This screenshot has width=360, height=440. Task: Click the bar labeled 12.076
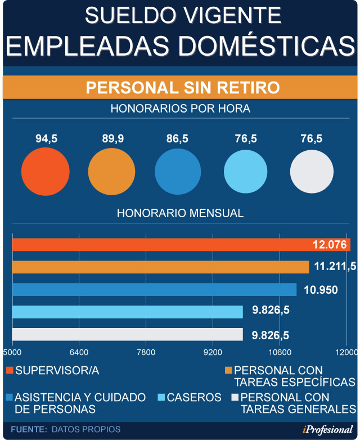click(181, 245)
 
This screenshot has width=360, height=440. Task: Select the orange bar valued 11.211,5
click(160, 267)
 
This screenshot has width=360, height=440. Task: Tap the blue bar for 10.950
click(154, 289)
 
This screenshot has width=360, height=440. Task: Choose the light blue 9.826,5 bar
click(127, 312)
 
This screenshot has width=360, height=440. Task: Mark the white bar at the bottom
click(127, 335)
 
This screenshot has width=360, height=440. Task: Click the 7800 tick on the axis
click(146, 353)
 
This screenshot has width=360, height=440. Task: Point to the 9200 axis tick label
click(213, 353)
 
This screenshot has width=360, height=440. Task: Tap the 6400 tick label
click(79, 353)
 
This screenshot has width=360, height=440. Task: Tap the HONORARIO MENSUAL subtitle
click(180, 213)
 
